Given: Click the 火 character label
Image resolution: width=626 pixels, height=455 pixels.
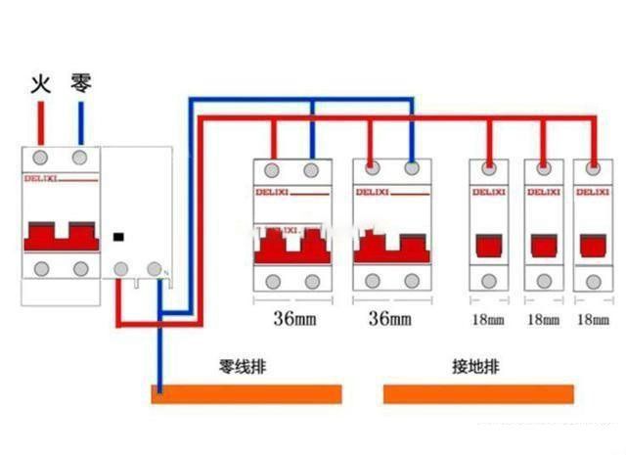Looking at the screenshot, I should coord(40,82).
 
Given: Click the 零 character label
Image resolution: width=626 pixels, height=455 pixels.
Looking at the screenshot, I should coord(81,82).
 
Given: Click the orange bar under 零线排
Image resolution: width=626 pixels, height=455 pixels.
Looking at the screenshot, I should coord(246,393).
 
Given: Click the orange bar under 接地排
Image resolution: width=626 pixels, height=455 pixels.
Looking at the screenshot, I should coord(477,393).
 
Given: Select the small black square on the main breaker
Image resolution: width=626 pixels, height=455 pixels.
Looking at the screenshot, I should coord(118,237).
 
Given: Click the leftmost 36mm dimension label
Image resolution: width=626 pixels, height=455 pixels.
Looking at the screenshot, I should coord(292,318).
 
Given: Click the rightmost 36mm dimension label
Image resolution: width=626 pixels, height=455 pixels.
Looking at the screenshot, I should coord(390,318).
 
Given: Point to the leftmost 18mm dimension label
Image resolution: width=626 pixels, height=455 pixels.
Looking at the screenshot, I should coord(488,319).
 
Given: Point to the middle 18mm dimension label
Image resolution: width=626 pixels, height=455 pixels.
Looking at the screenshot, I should coord(543,319).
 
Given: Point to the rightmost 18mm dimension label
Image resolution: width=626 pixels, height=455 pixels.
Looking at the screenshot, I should coord(594,319).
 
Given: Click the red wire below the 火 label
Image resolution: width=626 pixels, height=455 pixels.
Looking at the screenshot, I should coord(40,122).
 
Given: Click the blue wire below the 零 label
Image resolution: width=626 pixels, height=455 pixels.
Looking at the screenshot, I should coord(80,122).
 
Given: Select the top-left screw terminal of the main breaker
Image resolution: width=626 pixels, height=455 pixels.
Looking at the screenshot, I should coord(40,157).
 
